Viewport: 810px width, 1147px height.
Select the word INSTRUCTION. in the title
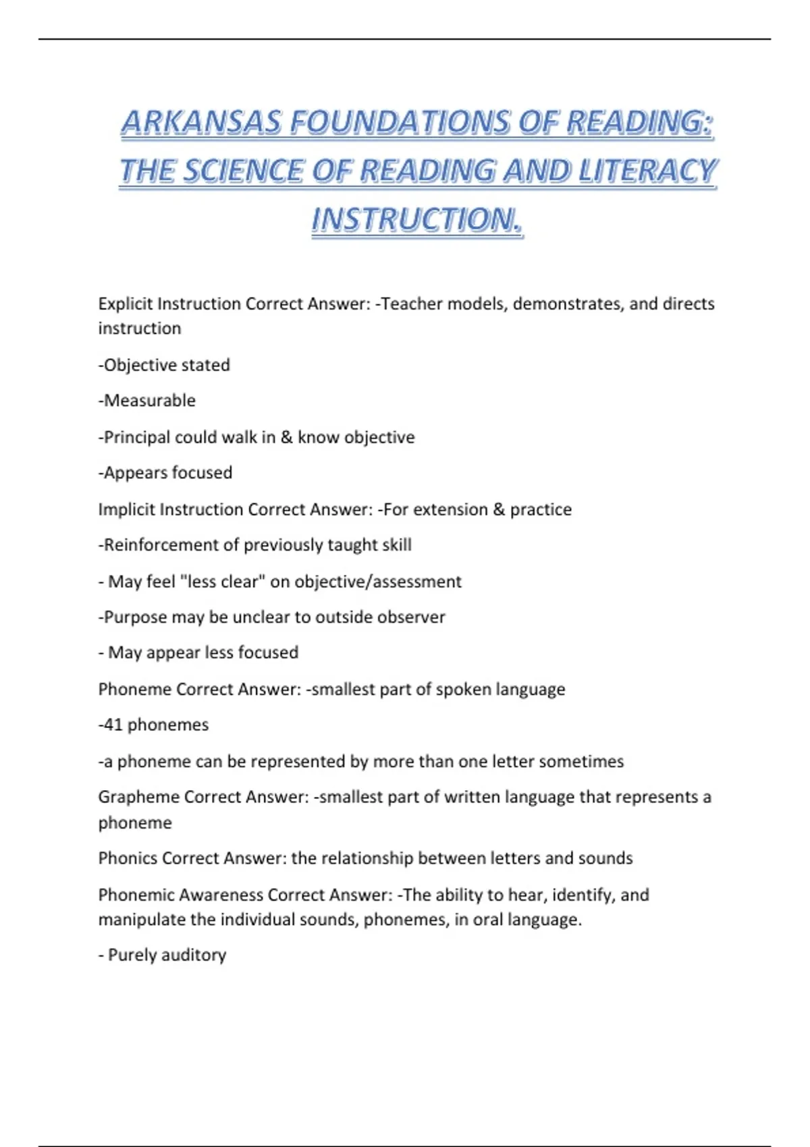417,221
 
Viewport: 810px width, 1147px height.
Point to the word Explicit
125,304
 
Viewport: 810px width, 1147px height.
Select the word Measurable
149,401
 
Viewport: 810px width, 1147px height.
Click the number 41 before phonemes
113,725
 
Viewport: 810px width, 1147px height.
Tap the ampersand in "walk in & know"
287,437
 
